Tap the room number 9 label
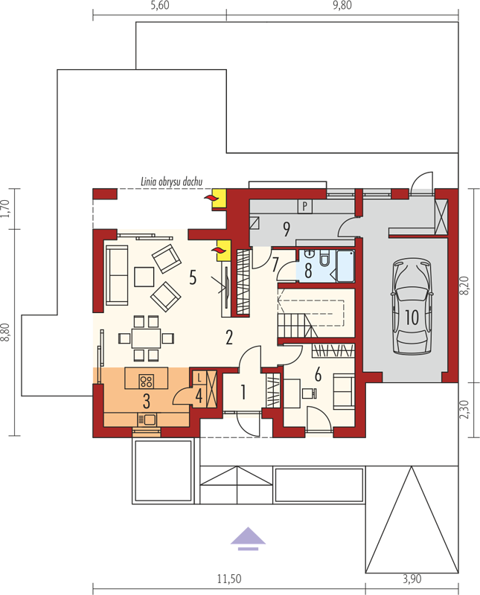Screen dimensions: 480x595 [287, 229]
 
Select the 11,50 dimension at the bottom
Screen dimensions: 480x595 [229, 579]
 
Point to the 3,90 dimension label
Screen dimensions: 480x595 [412, 579]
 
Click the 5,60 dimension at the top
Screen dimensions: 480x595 [160, 5]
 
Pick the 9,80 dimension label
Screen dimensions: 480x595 [342, 5]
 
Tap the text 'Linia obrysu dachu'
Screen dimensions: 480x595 [172, 181]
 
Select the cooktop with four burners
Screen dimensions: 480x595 [146, 381]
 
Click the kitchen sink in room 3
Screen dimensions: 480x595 [147, 419]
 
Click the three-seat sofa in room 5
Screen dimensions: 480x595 [117, 275]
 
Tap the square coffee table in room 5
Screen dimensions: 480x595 [144, 277]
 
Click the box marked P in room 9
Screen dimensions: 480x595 [304, 207]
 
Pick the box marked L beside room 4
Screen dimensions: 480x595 [199, 378]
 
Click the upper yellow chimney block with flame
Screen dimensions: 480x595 [219, 198]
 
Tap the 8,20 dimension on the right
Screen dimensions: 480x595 [467, 285]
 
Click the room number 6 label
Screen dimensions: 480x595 [318, 375]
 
